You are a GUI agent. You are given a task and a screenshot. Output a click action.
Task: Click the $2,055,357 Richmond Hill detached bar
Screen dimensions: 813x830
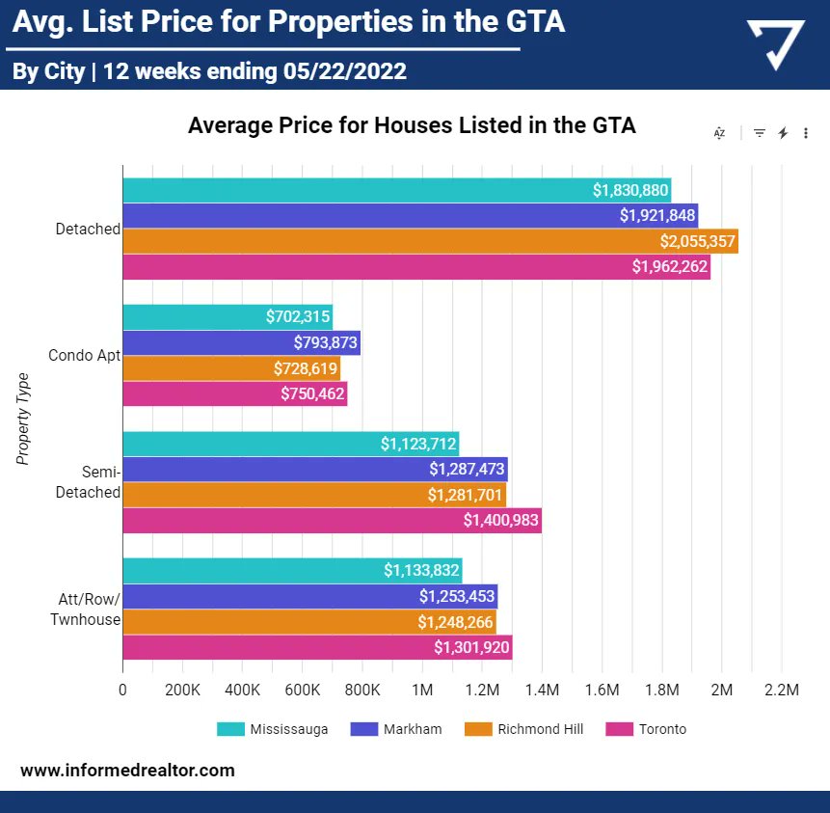(x=429, y=241)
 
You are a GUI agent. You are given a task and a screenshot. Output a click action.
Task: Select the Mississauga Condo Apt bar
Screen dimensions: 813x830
(x=227, y=316)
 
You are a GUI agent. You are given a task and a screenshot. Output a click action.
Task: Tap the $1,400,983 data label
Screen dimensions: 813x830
(x=500, y=521)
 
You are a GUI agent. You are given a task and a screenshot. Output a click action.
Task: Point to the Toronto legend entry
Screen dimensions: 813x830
(x=662, y=729)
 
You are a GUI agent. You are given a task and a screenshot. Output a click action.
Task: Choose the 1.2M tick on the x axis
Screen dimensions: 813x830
(x=482, y=691)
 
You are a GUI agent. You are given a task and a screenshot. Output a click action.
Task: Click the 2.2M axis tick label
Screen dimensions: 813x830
(x=781, y=691)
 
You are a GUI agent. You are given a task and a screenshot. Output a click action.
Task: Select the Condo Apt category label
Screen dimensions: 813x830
(x=84, y=355)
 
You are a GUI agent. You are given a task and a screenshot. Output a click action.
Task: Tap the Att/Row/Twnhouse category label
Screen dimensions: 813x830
(x=85, y=610)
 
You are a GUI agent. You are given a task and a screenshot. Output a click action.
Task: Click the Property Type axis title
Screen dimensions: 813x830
(x=24, y=419)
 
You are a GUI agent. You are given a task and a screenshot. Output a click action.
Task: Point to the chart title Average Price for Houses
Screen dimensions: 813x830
(x=412, y=125)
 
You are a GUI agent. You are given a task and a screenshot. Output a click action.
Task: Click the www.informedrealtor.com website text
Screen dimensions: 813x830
(x=127, y=771)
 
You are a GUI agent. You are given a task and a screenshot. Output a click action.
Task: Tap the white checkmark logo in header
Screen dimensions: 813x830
(x=776, y=45)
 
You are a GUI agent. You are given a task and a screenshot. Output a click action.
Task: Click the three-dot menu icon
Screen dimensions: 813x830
(x=806, y=133)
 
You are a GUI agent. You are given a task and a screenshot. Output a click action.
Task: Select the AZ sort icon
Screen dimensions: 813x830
(x=719, y=133)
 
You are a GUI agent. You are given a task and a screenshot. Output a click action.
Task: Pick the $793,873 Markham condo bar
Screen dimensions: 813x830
(x=241, y=342)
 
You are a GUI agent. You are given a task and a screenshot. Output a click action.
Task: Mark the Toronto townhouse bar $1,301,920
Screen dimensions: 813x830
(x=317, y=647)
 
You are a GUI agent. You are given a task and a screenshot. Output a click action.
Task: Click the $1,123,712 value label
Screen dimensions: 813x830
(x=418, y=444)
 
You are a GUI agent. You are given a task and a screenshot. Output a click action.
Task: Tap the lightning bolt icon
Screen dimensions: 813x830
(x=783, y=133)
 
